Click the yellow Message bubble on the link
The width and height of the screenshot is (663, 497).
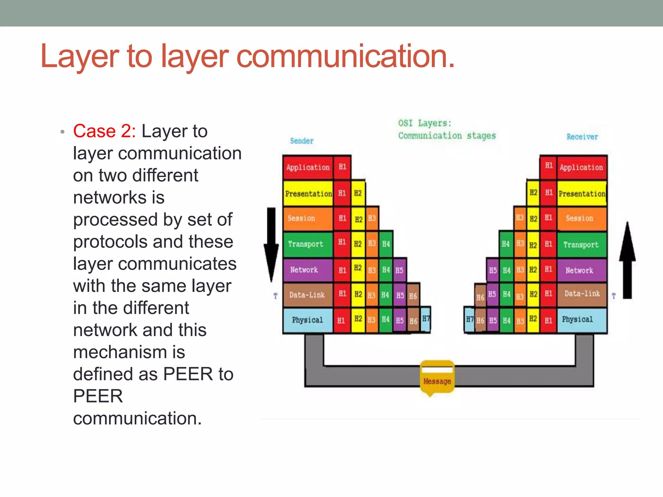pos(437,377)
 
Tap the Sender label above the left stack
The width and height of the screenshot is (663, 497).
pos(302,141)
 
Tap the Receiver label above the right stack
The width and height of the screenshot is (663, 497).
pos(582,137)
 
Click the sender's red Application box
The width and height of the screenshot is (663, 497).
pos(308,168)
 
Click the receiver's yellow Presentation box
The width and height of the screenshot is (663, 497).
pos(582,194)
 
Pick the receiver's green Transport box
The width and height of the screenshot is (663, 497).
pos(581,245)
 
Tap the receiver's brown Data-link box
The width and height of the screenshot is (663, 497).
pos(582,294)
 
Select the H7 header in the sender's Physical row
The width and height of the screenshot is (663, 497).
pos(426,319)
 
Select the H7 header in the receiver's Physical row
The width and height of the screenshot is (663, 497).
pos(469,320)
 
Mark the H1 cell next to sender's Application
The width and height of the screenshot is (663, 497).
pos(342,167)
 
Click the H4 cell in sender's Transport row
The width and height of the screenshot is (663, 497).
pos(386,244)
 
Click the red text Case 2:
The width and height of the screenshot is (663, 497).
pos(104,131)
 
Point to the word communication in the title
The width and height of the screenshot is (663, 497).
pos(345,56)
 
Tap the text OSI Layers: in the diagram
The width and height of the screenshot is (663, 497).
pos(424,123)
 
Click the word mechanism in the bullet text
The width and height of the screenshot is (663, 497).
pos(129,352)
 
